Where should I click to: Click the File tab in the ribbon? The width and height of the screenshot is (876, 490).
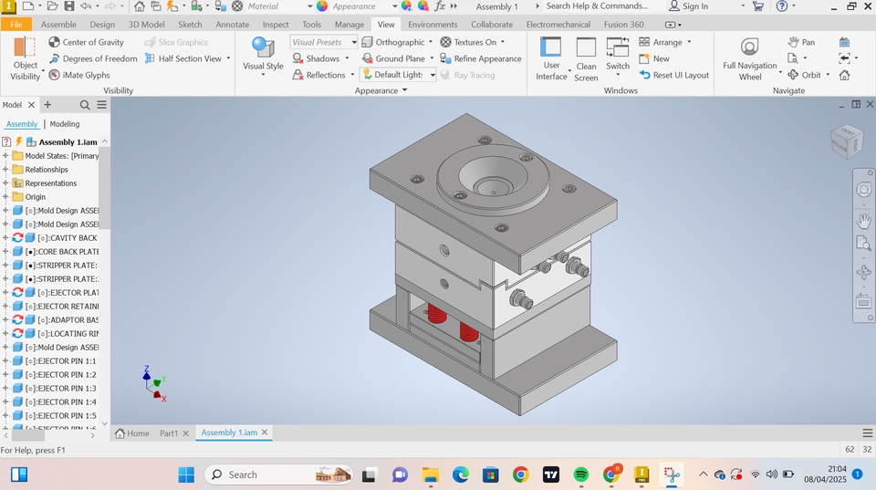coord(16,25)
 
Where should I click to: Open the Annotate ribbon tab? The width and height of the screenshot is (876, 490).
coord(232,25)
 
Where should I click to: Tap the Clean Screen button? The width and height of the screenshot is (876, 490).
coord(586,60)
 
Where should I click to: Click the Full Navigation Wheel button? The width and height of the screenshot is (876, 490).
coord(749,58)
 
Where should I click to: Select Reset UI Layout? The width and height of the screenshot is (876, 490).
coord(674,75)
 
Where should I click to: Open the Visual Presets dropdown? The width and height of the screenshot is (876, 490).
coord(324,42)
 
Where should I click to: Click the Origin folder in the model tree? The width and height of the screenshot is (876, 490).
coord(36,197)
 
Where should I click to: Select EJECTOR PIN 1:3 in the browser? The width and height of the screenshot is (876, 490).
coord(60,389)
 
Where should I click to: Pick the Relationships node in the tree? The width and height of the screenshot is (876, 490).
coord(47,170)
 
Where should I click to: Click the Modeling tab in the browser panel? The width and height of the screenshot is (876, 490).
coord(64,124)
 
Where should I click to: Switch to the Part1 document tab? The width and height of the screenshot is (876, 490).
coord(169,433)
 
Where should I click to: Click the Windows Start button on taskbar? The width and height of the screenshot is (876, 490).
coord(186,474)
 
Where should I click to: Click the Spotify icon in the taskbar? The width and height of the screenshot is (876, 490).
coord(581,474)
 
